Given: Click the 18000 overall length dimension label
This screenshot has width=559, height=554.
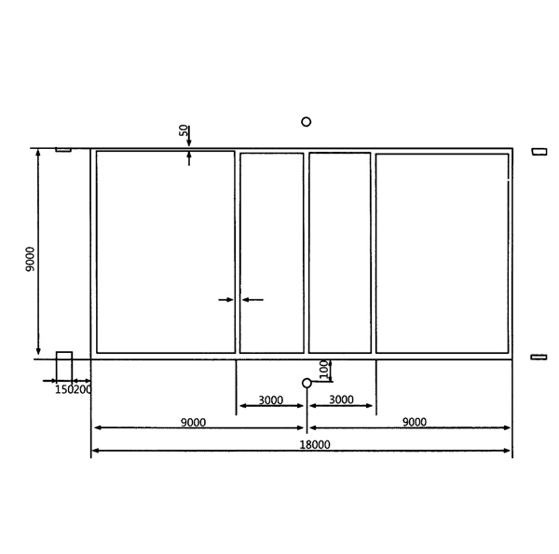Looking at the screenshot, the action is [x=315, y=444].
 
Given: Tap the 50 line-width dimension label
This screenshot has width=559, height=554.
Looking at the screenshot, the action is [x=184, y=130].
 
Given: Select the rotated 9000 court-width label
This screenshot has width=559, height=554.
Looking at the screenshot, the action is [x=30, y=259].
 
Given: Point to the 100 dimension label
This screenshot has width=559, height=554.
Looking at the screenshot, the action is [x=323, y=369].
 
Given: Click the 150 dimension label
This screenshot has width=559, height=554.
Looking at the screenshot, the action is [x=64, y=389].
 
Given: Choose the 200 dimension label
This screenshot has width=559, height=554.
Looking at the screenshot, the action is [x=83, y=389].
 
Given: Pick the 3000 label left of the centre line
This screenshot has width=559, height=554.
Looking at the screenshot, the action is [x=270, y=400].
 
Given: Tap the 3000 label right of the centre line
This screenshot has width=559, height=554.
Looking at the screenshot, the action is [x=341, y=399].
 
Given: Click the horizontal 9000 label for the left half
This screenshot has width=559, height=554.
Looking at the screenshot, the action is [x=193, y=422].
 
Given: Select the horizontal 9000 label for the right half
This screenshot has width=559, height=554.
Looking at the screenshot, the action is [x=415, y=422].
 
